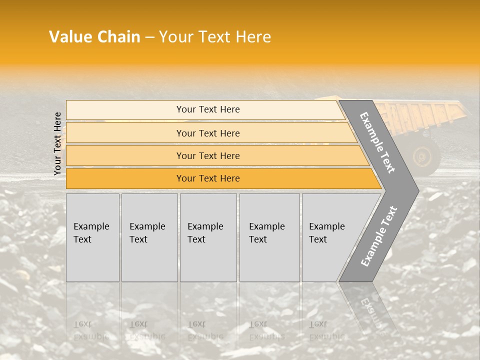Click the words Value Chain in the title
pyautogui.click(x=94, y=37)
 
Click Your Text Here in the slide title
pyautogui.click(x=215, y=37)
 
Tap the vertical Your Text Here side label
pyautogui.click(x=57, y=143)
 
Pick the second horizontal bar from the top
pyautogui.click(x=207, y=133)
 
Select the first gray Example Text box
pyautogui.click(x=92, y=237)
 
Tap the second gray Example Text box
pyautogui.click(x=149, y=237)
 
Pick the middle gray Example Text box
pyautogui.click(x=208, y=237)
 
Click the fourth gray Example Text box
pyautogui.click(x=269, y=237)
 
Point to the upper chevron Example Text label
pyautogui.click(x=377, y=142)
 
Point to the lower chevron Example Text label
pyautogui.click(x=379, y=236)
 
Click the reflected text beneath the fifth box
pyautogui.click(x=326, y=330)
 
